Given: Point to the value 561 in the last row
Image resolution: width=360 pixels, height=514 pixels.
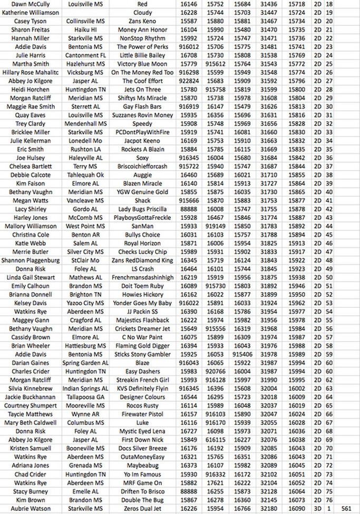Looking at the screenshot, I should click(346, 508).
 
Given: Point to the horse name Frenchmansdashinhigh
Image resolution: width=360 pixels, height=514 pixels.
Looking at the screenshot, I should click(142, 277).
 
